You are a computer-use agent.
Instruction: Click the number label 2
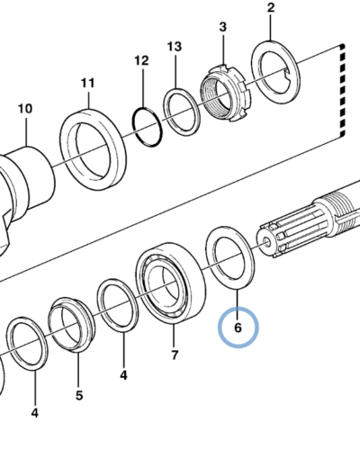point(271,8)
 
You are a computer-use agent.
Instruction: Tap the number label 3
point(222,27)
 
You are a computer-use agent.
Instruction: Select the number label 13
point(175,47)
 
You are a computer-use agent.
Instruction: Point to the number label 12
point(141,60)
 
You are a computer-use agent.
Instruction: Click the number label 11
point(88,83)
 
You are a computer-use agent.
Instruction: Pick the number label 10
point(25,109)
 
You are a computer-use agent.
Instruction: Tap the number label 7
point(175,355)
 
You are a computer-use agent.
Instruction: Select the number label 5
point(79,395)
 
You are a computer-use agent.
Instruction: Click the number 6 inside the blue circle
point(238,328)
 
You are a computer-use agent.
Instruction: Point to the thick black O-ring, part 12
point(148,127)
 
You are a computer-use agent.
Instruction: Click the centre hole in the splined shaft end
point(266,241)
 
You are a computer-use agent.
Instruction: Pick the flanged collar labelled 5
point(72,325)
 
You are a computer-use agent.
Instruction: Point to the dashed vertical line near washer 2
point(343,90)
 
